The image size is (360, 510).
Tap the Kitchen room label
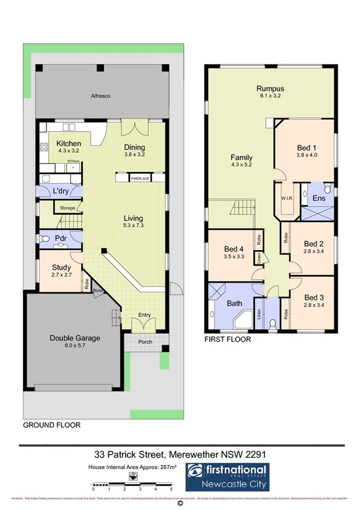pos(69,144)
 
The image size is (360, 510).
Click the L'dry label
pos(62,191)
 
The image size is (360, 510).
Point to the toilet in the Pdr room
pos(46,239)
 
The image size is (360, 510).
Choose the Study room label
pos(61,268)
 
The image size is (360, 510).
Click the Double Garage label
pos(75,338)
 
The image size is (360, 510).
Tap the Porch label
pos(145,342)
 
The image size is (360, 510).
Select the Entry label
pos(145,315)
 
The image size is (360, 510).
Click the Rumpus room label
pos(270,89)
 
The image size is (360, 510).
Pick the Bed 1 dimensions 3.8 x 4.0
pos(306,155)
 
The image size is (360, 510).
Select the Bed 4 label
pos(234,248)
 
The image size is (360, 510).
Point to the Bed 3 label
pos(314,297)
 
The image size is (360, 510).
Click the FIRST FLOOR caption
pos(228,339)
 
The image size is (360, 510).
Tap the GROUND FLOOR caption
pos(51,425)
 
